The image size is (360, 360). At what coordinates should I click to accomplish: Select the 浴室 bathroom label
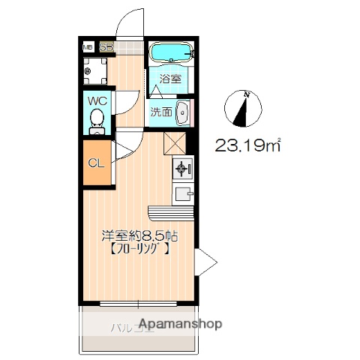(x=169, y=79)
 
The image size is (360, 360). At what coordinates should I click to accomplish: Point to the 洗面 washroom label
(x=160, y=112)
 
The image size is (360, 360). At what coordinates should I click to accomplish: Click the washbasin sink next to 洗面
(x=181, y=112)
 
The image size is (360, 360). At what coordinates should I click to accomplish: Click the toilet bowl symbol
(x=97, y=119)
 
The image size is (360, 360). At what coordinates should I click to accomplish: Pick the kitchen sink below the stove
(x=182, y=193)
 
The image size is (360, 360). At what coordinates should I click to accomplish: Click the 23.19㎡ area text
(x=248, y=145)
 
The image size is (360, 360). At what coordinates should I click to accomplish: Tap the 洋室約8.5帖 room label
(x=139, y=235)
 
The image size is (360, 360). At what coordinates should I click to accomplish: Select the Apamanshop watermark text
(x=179, y=325)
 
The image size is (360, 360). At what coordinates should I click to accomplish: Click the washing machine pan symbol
(x=89, y=72)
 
